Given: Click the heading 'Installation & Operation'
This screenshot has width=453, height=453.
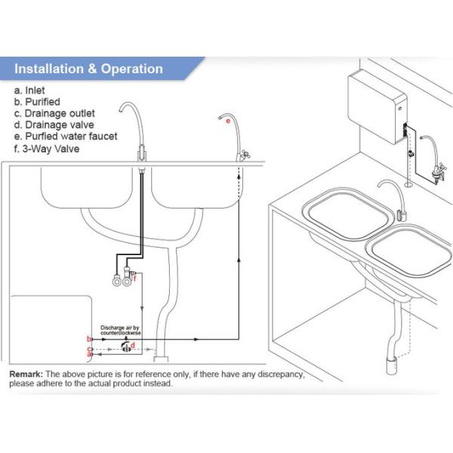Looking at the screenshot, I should tap(89, 69).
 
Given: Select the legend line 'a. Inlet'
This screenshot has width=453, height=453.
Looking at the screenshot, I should tap(31, 89).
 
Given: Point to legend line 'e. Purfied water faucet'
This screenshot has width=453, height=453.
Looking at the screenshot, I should tap(66, 137).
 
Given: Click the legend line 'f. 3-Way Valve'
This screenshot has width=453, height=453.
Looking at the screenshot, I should tap(47, 149).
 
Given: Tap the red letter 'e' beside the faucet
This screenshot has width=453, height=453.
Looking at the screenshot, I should tap(227, 120).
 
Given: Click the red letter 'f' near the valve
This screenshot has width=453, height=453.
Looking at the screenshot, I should tap(135, 279).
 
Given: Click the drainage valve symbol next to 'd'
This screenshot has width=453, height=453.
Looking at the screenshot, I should tap(125, 347).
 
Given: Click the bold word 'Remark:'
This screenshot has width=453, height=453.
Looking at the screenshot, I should tap(26, 374).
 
